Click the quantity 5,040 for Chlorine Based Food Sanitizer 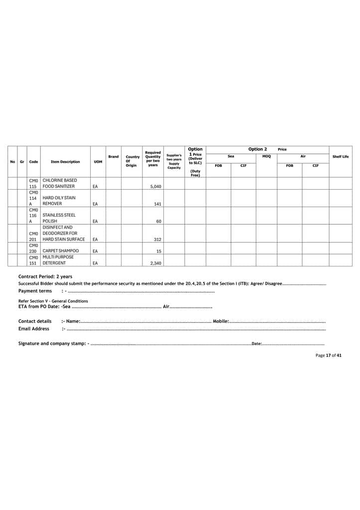coord(154,186)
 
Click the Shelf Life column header coord(340,157)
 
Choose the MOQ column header coord(266,156)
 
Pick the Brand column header coord(114,157)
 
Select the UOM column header coord(98,161)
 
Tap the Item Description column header coord(65,161)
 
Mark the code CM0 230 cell coord(33,248)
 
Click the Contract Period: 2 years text coord(45,276)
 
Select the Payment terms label coord(35,291)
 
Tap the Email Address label coord(34,329)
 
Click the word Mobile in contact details coord(220,321)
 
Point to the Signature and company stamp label coord(52,343)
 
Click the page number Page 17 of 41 coord(328,355)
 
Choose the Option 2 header coord(257,149)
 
